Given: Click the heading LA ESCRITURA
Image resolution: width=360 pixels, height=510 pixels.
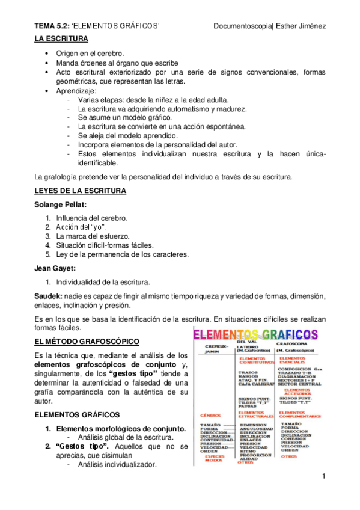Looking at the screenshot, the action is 61,39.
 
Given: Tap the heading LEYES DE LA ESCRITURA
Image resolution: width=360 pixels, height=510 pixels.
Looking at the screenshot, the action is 80,191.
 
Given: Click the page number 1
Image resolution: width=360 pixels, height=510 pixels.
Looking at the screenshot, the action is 323,477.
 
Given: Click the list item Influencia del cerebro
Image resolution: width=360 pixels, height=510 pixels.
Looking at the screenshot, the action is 91,217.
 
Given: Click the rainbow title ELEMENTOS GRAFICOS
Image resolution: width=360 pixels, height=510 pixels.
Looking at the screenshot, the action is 255,334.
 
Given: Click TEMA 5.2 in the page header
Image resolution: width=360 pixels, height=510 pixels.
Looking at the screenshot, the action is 52,26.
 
